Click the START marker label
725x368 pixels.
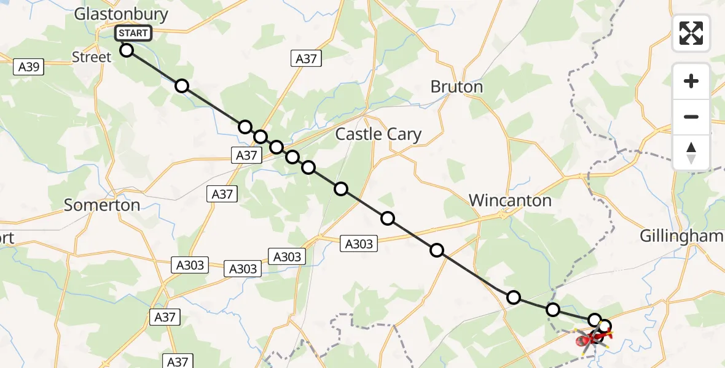(x=133, y=33)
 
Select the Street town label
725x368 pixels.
(x=92, y=57)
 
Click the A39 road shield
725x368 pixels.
(x=29, y=66)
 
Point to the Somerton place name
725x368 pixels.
(x=102, y=205)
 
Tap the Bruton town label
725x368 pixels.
(x=457, y=87)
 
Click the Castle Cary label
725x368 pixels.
(x=378, y=134)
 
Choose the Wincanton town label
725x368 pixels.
(x=510, y=200)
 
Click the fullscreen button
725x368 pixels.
(x=691, y=33)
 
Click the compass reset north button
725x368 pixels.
(x=691, y=152)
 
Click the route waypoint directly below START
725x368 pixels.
(x=127, y=50)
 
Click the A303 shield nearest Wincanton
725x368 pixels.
(x=359, y=244)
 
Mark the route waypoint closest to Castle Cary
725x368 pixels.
(x=340, y=189)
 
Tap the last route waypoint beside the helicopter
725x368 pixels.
(x=605, y=326)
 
